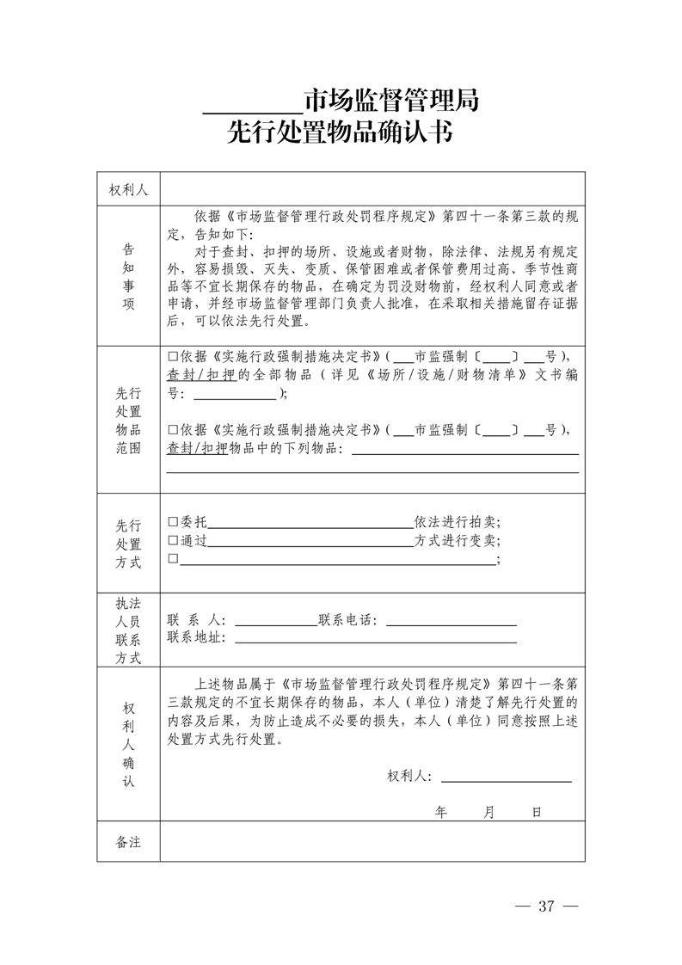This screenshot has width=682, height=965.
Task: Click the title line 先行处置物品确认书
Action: tap(341, 134)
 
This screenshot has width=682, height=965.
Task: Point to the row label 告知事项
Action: tap(128, 276)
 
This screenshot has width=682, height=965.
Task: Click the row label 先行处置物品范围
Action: tap(128, 421)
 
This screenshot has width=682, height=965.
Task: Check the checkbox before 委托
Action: tap(173, 521)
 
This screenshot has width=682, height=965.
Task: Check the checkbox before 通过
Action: tap(173, 540)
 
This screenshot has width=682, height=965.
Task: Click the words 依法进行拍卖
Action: tap(457, 521)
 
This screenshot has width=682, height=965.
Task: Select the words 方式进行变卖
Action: tap(457, 540)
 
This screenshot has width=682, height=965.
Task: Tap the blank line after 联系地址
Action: tap(375, 637)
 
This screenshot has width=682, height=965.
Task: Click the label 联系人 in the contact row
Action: tap(196, 619)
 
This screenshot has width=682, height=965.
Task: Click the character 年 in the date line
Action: tap(441, 811)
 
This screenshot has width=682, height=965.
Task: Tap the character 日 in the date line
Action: tap(536, 811)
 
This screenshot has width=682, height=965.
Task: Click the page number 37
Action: tap(547, 906)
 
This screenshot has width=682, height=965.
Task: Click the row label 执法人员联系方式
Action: tap(128, 630)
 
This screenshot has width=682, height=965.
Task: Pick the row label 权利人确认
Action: tap(128, 744)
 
